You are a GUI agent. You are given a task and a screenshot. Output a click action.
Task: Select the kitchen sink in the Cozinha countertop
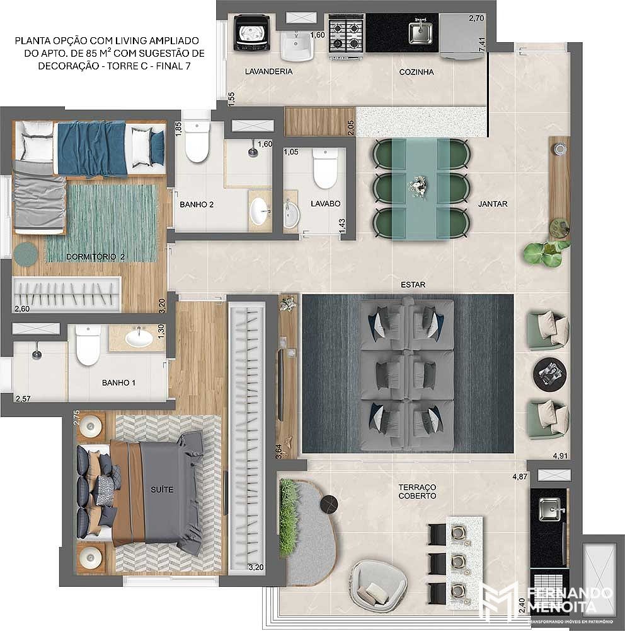420,33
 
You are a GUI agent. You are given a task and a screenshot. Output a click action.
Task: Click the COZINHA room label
416,72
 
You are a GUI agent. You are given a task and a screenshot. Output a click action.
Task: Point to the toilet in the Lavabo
324,168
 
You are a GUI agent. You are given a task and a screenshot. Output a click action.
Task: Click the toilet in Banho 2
197,141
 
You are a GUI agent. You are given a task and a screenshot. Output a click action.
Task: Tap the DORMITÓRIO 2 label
95,257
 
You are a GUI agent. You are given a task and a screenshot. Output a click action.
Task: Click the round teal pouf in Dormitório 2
26,254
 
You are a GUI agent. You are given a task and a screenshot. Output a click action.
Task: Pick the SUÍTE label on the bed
162,490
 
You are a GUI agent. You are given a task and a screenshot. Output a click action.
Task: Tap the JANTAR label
493,204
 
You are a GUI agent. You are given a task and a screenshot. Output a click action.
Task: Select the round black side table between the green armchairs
549,374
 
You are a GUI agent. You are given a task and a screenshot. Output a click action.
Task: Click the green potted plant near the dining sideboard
543,254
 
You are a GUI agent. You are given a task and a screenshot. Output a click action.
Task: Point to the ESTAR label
413,285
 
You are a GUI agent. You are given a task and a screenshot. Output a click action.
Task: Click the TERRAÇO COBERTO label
417,492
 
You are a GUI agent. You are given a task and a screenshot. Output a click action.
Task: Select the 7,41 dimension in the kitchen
482,44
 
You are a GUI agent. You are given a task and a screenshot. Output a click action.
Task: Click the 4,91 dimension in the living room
560,456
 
